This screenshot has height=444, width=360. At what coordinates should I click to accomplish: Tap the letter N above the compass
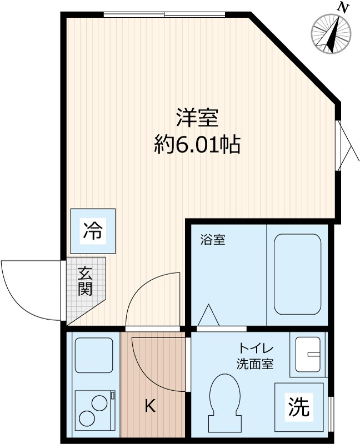[344, 7]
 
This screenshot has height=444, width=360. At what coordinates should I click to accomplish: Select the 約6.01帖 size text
[197, 145]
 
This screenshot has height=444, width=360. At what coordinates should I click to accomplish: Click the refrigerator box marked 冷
[93, 231]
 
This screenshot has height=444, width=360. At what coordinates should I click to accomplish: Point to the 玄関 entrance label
[84, 281]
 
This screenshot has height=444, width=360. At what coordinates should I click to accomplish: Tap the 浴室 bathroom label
[213, 241]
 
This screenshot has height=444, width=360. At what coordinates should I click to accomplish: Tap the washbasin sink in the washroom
[308, 354]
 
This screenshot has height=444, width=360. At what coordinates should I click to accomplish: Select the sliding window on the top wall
[164, 14]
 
